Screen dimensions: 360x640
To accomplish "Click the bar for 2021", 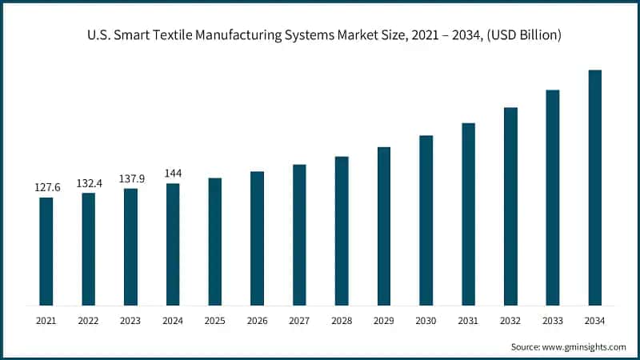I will tap(46, 251).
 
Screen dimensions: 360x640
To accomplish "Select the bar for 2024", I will tap(173, 244).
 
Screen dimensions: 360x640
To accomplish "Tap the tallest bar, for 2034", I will tap(595, 187).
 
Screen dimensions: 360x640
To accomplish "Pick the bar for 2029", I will tap(384, 226).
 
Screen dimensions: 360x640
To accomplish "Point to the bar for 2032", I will tap(510, 206).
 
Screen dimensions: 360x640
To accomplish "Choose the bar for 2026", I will tap(257, 238).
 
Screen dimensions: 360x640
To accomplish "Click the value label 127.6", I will tap(46, 187).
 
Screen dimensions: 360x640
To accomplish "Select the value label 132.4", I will tap(89, 183).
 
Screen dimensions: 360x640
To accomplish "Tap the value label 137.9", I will tap(130, 178).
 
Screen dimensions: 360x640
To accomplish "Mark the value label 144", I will tap(173, 174).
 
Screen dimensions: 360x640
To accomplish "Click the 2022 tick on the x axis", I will tap(89, 320).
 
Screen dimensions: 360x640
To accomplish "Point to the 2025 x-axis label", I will tap(215, 320).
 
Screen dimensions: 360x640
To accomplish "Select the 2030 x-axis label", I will tap(426, 320).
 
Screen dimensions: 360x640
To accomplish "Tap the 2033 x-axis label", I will tap(553, 320).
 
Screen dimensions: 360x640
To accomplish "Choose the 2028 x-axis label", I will tap(342, 320).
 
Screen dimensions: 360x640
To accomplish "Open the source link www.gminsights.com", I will tap(586, 347).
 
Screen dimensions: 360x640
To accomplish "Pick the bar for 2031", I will tap(469, 214).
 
